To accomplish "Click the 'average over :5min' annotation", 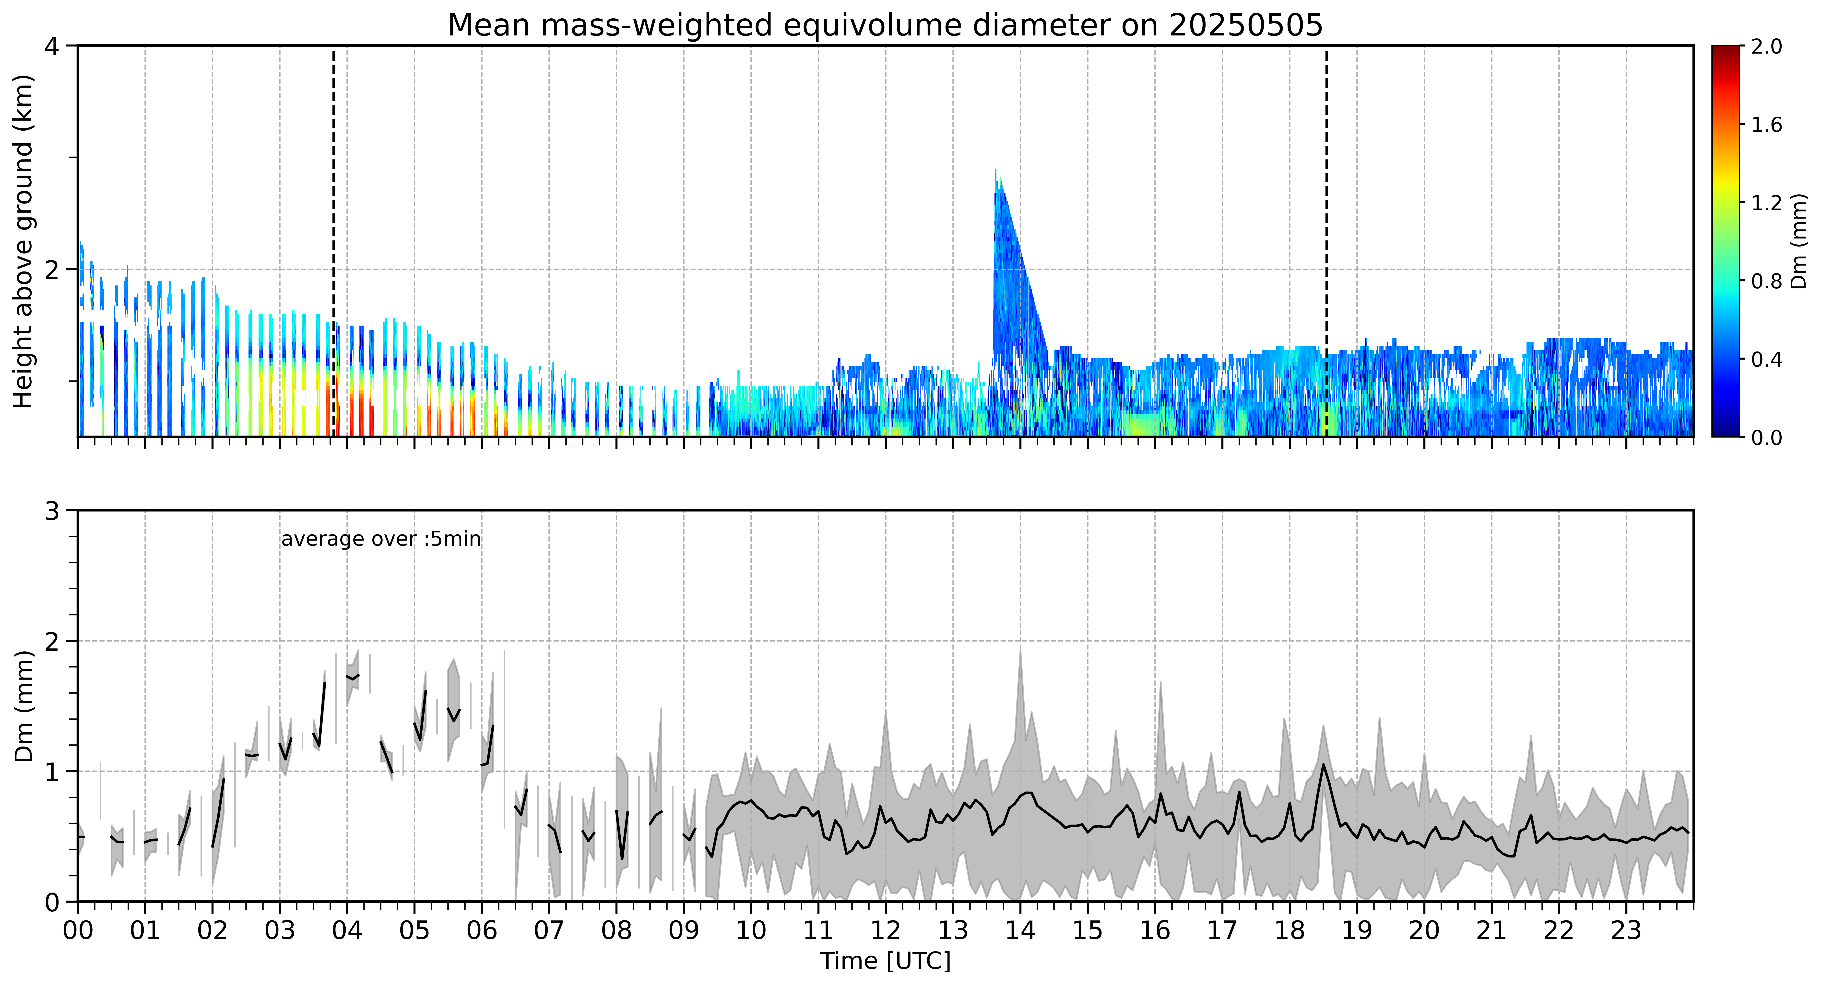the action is (380, 539).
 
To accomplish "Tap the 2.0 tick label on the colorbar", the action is (1766, 47).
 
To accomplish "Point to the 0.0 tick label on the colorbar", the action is (1766, 438).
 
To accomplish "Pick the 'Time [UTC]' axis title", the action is (886, 961).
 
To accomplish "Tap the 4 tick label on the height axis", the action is (52, 47).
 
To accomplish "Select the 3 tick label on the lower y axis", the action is (52, 511).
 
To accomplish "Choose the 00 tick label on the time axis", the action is (78, 930).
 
